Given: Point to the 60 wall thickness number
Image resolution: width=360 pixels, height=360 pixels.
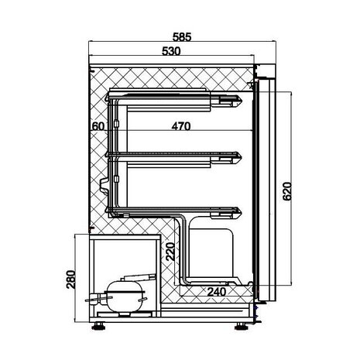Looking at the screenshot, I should [x=97, y=125].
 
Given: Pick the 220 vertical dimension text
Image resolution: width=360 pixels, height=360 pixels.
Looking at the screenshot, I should [x=169, y=252].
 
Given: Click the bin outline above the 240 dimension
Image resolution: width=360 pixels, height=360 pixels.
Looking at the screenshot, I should [x=214, y=252].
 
